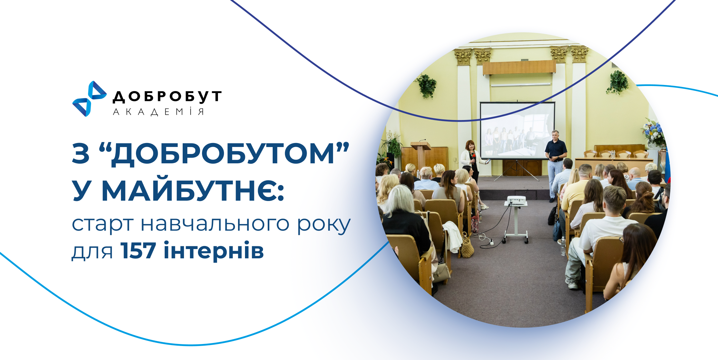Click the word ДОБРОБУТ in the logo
coord(167,96)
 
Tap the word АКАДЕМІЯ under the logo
coord(159,112)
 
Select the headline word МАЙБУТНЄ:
coord(193,191)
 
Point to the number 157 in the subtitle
coord(138,251)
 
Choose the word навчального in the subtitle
coord(215,224)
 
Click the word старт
coord(103,224)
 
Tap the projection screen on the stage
coord(517,130)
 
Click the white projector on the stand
coord(516,200)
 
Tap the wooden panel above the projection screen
coord(519,68)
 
